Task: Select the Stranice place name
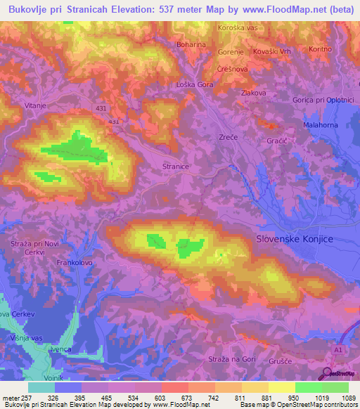pos(175,167)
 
